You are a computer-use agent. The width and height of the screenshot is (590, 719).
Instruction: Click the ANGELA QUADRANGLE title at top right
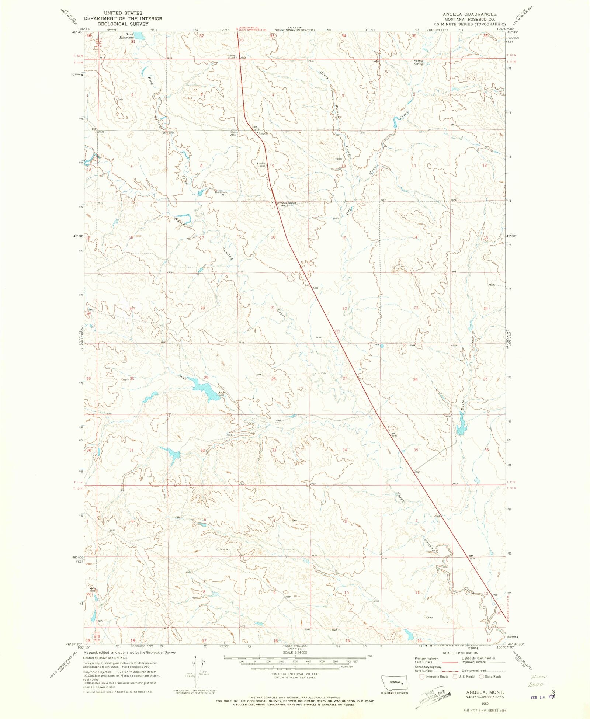click(x=469, y=14)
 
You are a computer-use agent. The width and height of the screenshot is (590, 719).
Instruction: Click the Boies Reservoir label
click(x=126, y=36)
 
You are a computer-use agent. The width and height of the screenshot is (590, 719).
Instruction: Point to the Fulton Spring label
click(x=418, y=62)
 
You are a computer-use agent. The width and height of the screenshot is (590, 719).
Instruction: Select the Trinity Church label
click(x=232, y=57)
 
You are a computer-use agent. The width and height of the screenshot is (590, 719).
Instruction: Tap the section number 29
click(x=206, y=378)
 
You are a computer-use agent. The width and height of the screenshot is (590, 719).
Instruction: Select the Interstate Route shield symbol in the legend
click(x=422, y=677)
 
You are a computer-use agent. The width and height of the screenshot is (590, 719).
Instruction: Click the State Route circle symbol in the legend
click(x=481, y=677)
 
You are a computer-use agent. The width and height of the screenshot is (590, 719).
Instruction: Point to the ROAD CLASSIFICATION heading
click(x=461, y=653)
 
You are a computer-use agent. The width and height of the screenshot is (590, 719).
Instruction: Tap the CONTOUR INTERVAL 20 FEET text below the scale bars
click(x=295, y=674)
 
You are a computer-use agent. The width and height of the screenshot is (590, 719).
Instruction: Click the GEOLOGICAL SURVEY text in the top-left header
click(x=123, y=24)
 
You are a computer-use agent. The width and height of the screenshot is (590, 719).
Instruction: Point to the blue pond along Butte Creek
click(x=461, y=424)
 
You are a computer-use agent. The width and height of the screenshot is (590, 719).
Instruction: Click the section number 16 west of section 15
click(x=273, y=237)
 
